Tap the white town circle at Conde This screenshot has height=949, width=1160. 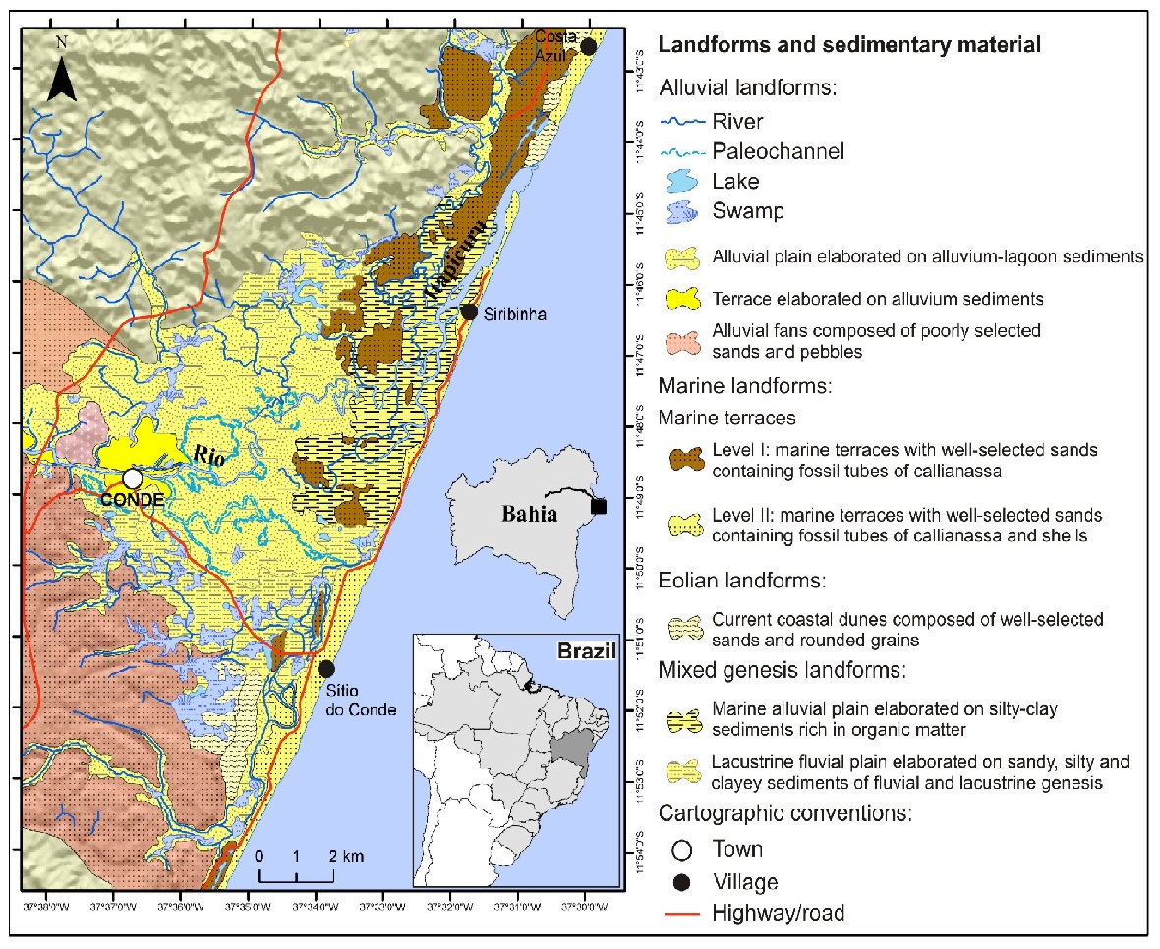click(132, 478)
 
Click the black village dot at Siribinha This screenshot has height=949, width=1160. click(469, 311)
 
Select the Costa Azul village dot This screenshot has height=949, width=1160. click(588, 46)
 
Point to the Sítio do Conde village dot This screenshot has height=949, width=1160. click(326, 668)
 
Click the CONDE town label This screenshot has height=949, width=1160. click(132, 499)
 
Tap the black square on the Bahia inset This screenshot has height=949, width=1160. click(599, 506)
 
